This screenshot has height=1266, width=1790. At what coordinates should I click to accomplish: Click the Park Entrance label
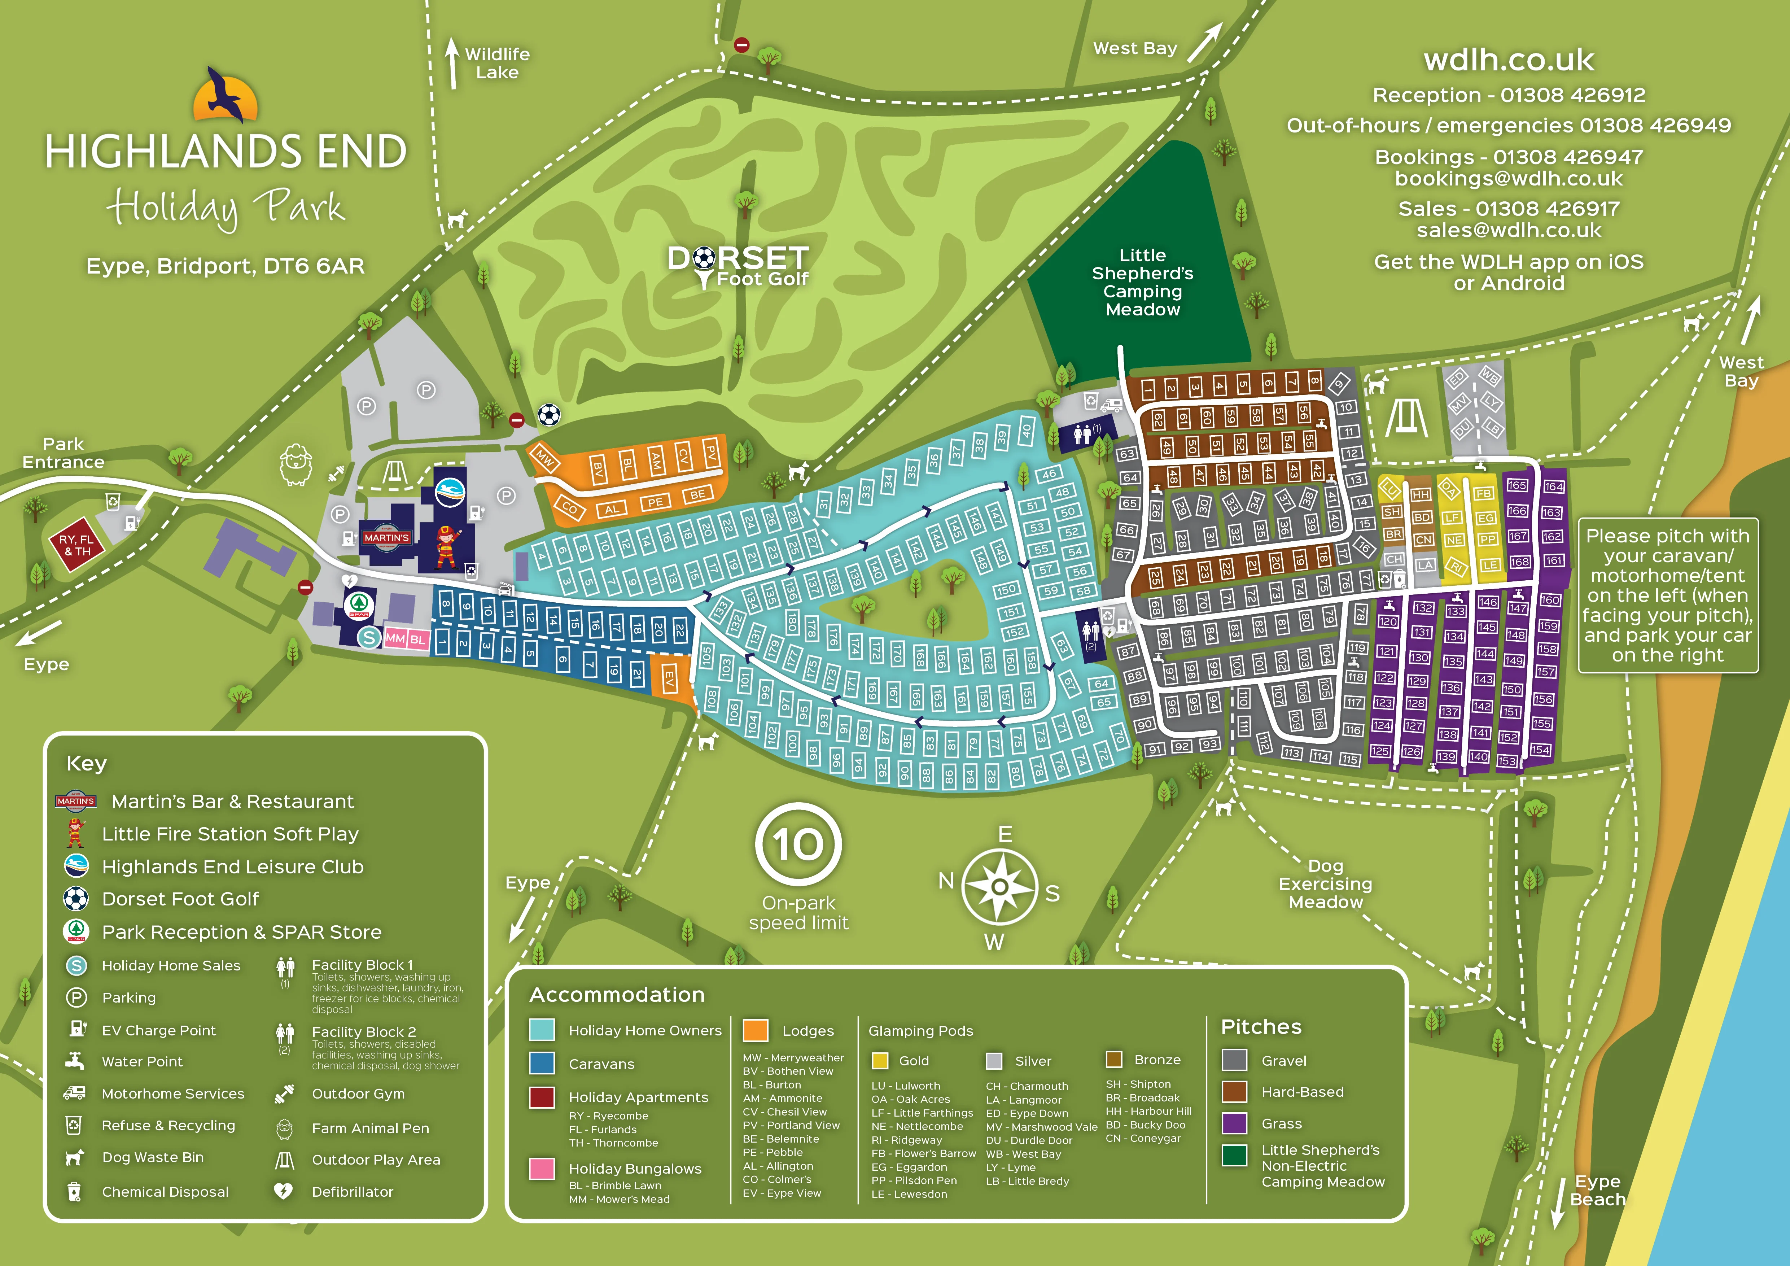[63, 453]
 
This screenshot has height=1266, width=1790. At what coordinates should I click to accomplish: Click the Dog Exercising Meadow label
[1325, 884]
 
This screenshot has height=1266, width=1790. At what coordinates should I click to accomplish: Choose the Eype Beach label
[1597, 1190]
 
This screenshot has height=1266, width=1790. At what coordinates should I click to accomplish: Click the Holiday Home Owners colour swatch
[542, 1030]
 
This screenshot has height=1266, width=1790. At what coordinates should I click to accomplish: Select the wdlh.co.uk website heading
[1509, 60]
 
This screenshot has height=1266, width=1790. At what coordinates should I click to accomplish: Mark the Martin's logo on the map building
[386, 538]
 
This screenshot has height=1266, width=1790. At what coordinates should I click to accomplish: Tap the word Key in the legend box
[87, 763]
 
